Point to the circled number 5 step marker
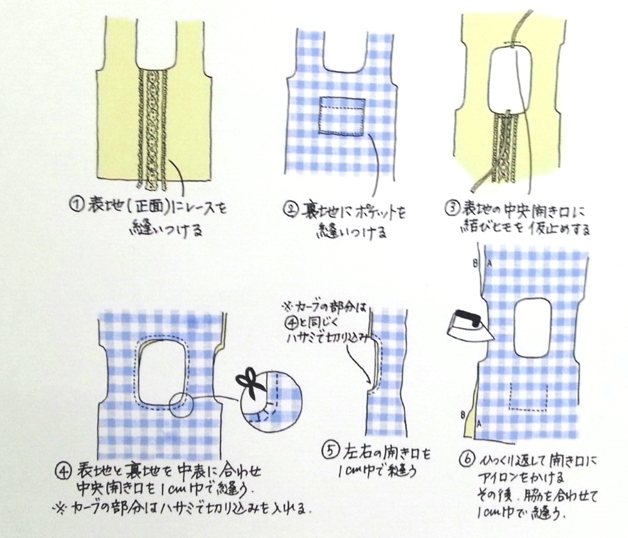331,451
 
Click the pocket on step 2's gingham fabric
341,115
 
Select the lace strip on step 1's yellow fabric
153,126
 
